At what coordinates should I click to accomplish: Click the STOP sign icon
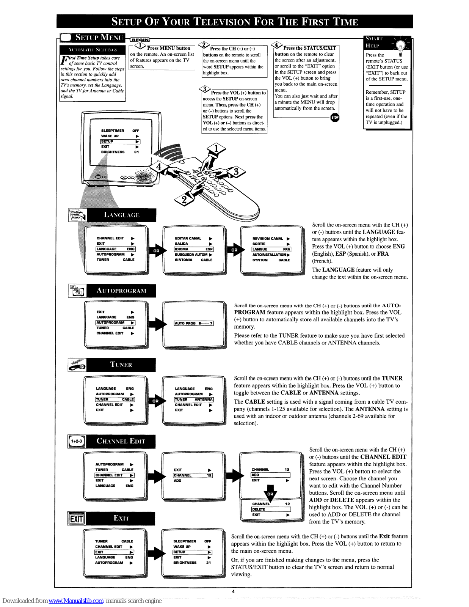point(335,118)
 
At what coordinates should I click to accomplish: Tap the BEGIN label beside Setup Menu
point(140,40)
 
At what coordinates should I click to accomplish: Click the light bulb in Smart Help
point(400,47)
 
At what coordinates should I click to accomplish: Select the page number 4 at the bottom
point(233,591)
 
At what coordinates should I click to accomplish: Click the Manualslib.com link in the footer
point(76,601)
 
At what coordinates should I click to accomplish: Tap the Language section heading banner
point(121,215)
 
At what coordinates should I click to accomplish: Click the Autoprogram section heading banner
point(121,291)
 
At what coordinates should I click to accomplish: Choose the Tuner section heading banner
point(121,365)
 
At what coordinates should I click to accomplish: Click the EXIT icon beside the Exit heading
point(76,519)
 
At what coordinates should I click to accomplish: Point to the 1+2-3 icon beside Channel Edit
point(77,441)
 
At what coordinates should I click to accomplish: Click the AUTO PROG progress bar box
point(194,323)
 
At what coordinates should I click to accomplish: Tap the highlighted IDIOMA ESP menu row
point(194,249)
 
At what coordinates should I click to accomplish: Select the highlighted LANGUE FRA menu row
point(271,249)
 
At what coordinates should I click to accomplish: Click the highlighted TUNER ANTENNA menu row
point(194,399)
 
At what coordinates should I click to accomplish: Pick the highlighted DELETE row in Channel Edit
point(271,509)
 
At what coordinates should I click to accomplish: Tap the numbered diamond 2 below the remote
point(184,200)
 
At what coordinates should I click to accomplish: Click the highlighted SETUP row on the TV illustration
point(120,142)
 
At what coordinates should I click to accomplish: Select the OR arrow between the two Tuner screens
point(155,401)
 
